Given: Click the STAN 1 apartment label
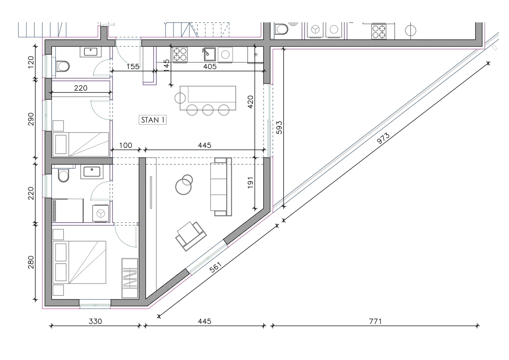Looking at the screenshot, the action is point(152,120).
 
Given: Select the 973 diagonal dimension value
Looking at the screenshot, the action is point(383,138).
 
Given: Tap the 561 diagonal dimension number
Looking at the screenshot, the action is point(215,267).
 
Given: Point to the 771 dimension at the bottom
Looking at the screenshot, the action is point(375,321).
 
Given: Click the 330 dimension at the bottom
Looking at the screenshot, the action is point(95,321).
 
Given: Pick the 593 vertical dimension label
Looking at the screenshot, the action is point(279,127).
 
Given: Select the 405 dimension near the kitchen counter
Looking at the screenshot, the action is point(210,67).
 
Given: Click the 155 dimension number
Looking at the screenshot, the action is point(133,67).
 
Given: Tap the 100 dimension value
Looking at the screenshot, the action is point(126,145).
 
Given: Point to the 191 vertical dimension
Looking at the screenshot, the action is point(250,183).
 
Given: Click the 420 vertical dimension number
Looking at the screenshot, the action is point(250,102).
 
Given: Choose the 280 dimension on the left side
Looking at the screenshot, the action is point(31,262).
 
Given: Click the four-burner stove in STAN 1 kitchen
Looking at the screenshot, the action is point(180,55).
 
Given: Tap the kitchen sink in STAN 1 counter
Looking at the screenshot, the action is point(210,54).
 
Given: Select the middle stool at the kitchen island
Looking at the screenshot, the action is point(208,110).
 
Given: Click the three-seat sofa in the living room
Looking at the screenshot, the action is point(221,187).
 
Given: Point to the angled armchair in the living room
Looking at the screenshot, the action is point(191,236).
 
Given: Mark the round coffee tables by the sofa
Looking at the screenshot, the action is point(184,185).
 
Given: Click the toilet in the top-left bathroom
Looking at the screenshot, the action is point(62,66).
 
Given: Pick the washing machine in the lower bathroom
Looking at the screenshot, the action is point(101,213).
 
